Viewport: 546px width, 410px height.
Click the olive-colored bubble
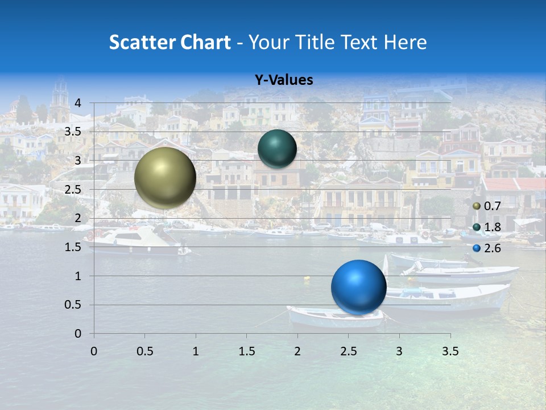click(166, 178)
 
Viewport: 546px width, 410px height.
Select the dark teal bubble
click(277, 149)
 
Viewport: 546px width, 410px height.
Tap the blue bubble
click(358, 287)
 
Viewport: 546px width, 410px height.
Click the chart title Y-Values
click(284, 80)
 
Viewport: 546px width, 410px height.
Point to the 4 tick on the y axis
click(78, 103)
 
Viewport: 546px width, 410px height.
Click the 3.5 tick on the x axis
click(450, 351)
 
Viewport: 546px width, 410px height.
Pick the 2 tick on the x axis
click(297, 351)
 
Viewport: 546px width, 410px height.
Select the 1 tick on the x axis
click(196, 351)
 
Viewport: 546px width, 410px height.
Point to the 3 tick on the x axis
click(399, 351)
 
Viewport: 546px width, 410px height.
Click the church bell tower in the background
click(59, 100)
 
